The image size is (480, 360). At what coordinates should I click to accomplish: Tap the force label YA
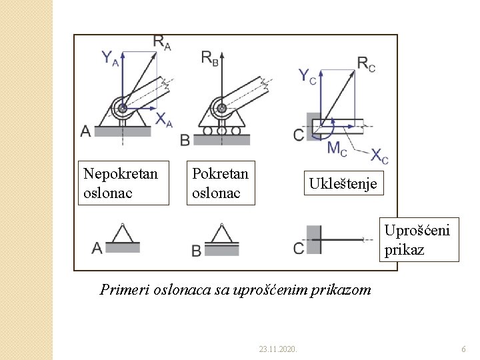[x=111, y=58]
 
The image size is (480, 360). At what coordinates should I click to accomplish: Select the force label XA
[x=164, y=120]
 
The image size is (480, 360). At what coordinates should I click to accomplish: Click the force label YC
[x=307, y=76]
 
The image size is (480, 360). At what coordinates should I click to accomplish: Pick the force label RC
[x=366, y=64]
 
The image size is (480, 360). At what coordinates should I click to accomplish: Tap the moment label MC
[x=337, y=148]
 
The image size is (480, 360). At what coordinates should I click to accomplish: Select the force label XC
[x=379, y=157]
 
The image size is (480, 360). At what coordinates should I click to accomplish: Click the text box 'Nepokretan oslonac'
[x=123, y=183]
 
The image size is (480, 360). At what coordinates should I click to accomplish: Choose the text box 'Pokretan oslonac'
[x=221, y=183]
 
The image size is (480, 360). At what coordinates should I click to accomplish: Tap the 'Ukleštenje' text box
[x=343, y=183]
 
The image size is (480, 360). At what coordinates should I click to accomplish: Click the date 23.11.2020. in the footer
[x=278, y=349]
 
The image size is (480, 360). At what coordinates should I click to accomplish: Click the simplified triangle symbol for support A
[x=123, y=235]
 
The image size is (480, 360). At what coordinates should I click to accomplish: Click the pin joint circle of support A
[x=122, y=107]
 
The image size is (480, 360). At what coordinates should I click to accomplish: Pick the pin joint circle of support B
[x=221, y=107]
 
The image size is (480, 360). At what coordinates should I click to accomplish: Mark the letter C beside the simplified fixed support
[x=298, y=248]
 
